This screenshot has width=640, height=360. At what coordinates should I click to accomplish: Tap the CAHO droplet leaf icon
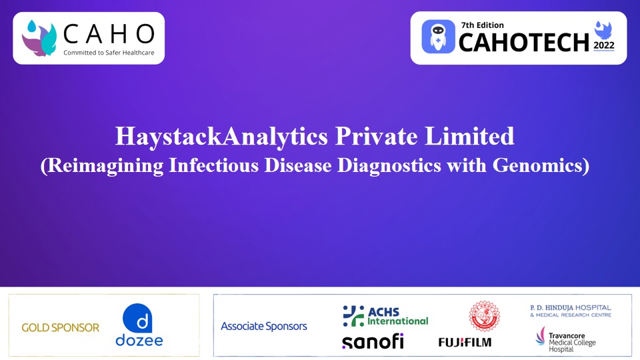click(x=39, y=37)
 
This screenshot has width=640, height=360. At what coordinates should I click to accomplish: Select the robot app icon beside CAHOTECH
click(x=438, y=37)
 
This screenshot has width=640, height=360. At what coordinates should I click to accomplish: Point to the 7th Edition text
click(x=482, y=25)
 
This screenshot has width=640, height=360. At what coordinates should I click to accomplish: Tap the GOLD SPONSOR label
click(x=61, y=327)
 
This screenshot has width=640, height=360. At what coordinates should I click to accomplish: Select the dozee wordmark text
click(x=139, y=341)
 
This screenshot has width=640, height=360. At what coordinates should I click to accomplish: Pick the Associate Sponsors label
click(x=264, y=326)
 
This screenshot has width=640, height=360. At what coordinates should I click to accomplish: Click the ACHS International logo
click(x=385, y=315)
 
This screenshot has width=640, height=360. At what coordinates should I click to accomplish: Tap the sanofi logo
click(x=373, y=341)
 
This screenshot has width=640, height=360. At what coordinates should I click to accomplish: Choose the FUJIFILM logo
click(x=465, y=342)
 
